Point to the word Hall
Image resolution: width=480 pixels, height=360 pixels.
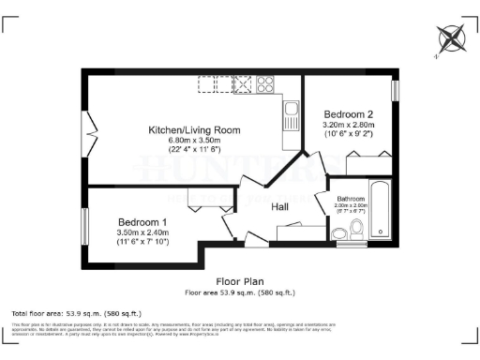[x=280, y=207]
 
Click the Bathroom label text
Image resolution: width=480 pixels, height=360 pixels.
[x=351, y=199]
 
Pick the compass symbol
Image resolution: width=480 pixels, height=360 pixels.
[x=451, y=39]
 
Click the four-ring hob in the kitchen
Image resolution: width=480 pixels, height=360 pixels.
[x=264, y=85]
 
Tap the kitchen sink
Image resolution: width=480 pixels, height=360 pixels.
[x=291, y=118]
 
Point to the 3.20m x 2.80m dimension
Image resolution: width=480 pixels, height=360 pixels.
[x=348, y=124]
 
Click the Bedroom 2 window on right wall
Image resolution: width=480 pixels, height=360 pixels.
[x=395, y=90]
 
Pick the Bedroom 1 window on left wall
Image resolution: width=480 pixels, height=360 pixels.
[x=85, y=226]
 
